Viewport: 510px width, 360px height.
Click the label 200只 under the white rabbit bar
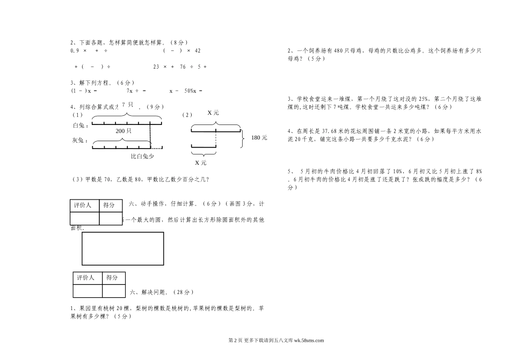click(123, 130)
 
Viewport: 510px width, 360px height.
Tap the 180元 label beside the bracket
click(258, 138)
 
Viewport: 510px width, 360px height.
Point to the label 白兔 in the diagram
click(79, 125)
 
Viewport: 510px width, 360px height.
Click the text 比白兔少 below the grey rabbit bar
click(143, 157)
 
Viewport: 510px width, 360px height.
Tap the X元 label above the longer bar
click(213, 113)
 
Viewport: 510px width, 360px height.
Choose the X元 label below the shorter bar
click(200, 163)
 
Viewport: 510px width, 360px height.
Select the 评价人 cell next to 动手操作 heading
click(84, 205)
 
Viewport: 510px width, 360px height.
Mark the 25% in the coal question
click(423, 99)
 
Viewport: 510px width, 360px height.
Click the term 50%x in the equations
click(189, 91)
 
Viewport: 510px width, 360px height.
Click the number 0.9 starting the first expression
click(75, 51)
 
